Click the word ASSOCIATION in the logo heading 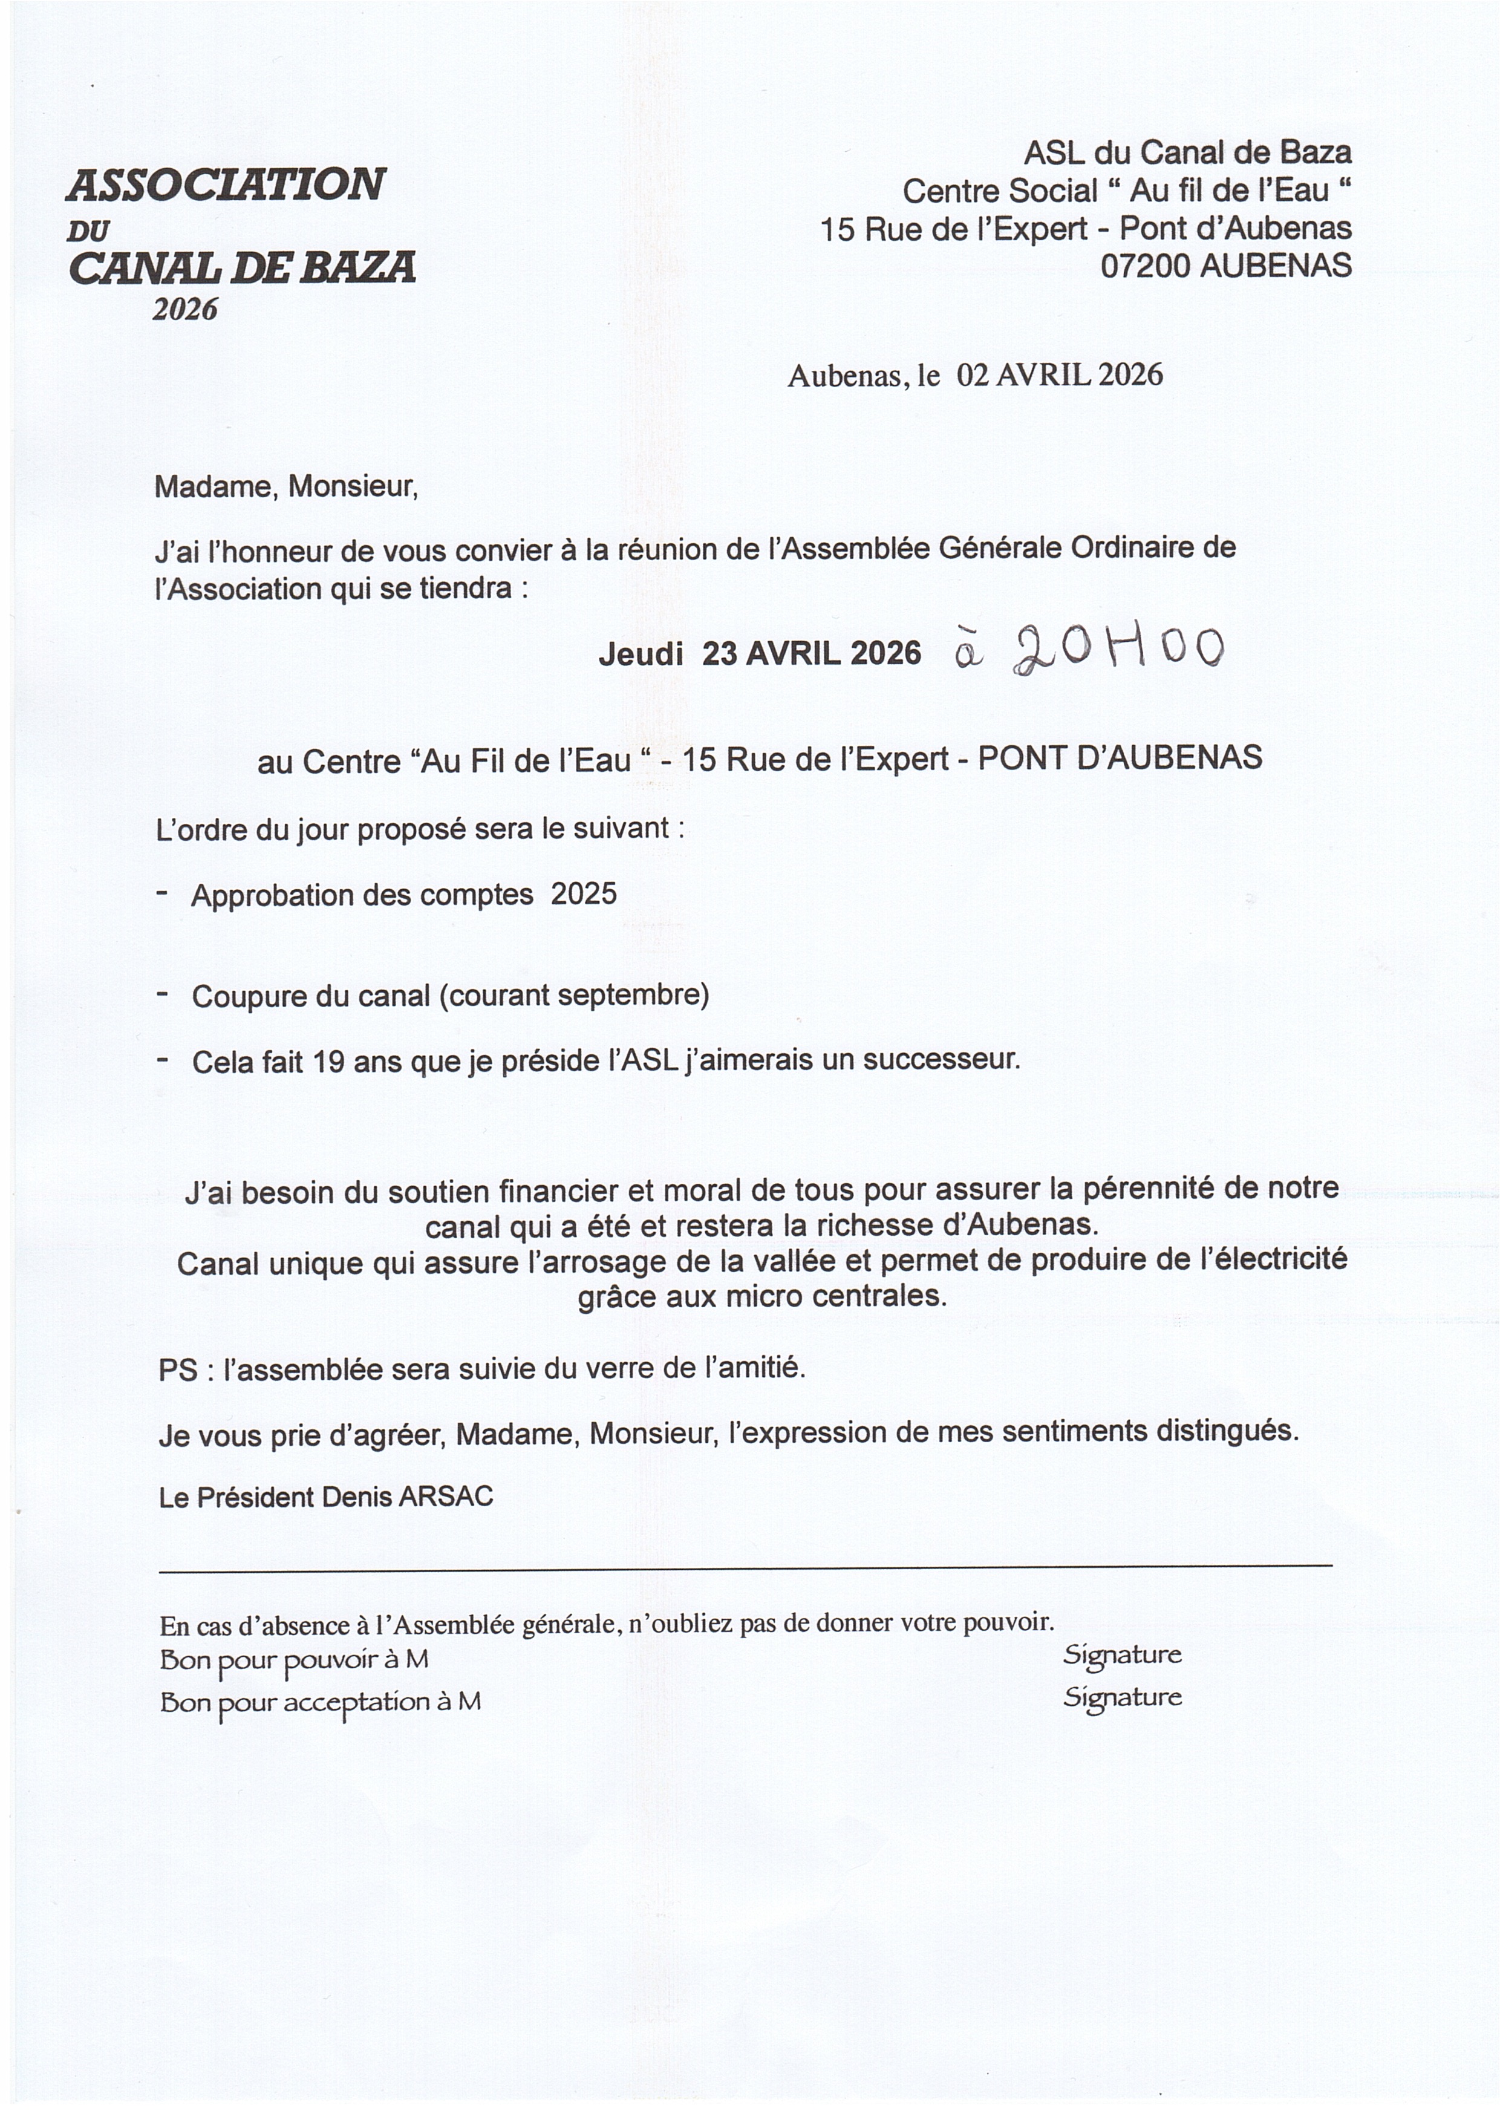[x=226, y=185]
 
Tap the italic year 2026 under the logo [x=185, y=310]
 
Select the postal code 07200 [x=1146, y=266]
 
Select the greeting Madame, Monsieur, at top [x=285, y=487]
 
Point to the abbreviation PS [x=177, y=1370]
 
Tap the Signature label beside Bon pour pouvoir [x=1122, y=1654]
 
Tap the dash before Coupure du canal [x=163, y=994]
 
